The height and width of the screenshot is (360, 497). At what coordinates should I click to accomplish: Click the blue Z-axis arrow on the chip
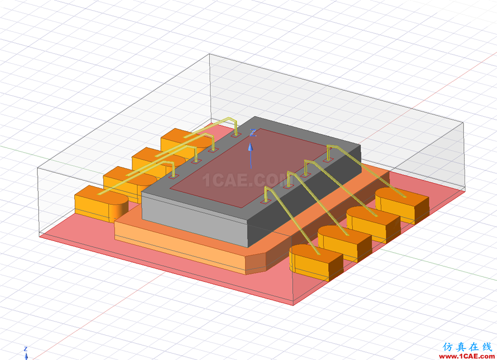click(250, 154)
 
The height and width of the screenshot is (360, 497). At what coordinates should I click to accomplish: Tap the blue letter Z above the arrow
click(252, 133)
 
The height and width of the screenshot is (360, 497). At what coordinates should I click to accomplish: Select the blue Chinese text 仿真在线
click(467, 347)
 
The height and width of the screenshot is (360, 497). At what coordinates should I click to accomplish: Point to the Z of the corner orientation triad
click(26, 349)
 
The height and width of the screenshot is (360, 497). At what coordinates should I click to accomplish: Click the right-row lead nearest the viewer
click(315, 262)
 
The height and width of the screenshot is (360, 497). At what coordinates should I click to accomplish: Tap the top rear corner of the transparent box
click(209, 54)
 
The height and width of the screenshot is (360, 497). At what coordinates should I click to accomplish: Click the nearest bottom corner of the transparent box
click(293, 305)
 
